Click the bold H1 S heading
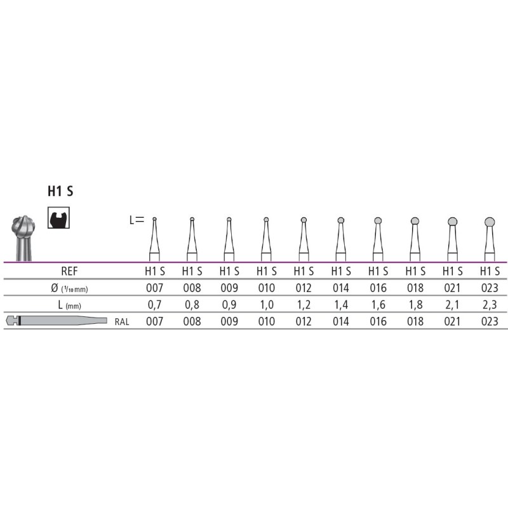pos(60,191)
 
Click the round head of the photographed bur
pos(23,227)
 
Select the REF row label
pos(69,271)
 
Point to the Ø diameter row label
pos(69,288)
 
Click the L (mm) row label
pos(69,305)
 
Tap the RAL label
pos(122,322)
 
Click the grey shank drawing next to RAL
pos(57,321)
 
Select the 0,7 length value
pos(154,305)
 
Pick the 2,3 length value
pos(490,305)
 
